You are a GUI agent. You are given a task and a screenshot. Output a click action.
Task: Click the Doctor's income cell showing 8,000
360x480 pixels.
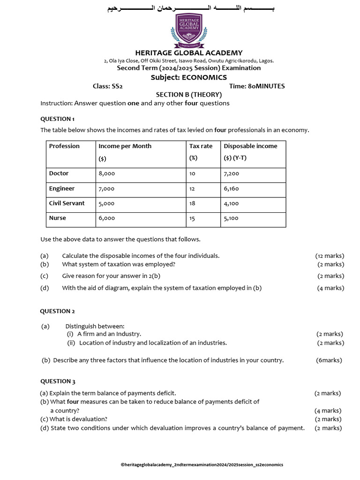106,173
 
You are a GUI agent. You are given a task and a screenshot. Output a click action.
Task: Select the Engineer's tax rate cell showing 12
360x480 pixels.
192,188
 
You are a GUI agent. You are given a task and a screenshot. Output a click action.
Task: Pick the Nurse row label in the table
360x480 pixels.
58,218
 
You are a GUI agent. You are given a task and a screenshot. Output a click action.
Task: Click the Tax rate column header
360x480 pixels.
201,146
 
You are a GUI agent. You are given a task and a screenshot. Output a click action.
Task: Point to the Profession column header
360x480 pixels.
64,146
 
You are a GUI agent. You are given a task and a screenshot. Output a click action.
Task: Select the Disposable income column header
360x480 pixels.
250,146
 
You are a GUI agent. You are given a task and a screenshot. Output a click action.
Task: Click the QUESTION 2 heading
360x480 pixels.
57,311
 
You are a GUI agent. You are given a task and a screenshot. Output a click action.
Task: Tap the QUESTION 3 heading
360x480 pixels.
57,381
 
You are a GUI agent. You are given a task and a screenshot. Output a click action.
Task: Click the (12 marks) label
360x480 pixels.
330,255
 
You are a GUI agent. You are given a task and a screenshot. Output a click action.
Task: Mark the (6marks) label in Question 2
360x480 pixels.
329,360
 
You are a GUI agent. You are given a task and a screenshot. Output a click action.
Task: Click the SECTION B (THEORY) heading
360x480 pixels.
189,95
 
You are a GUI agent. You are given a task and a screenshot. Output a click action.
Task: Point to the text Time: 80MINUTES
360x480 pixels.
257,86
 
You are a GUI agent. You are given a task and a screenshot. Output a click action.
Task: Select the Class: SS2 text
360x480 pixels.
108,86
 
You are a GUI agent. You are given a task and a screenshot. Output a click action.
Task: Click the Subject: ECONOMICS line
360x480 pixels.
188,77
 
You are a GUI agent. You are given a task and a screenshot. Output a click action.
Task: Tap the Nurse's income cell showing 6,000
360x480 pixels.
106,218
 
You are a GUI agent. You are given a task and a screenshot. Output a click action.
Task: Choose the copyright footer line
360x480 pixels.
202,465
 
